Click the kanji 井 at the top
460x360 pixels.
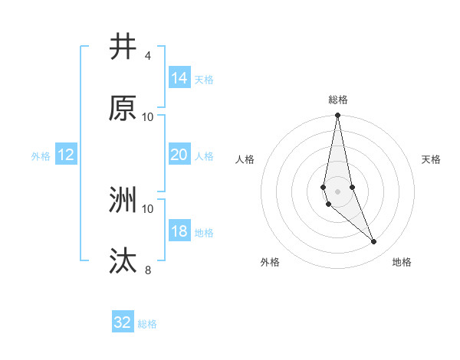123,47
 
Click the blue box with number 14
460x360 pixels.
179,77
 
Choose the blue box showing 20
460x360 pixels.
179,155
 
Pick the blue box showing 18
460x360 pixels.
179,231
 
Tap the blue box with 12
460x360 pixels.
66,155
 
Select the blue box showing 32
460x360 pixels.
123,322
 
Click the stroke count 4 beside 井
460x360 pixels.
147,56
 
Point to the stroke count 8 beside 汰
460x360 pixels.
147,270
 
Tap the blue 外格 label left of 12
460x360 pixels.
41,155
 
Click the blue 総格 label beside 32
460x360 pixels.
147,324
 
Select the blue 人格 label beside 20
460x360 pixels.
204,155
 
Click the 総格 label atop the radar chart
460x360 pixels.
338,100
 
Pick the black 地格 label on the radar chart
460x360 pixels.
402,262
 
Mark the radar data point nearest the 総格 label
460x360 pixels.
337,116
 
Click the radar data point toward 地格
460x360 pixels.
374,242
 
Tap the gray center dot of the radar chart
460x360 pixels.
337,191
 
